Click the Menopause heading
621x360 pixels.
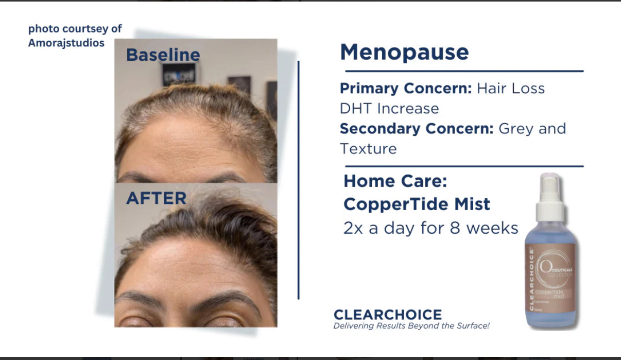404,53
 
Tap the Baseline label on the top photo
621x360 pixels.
163,55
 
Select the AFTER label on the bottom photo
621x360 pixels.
156,198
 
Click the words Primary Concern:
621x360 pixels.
406,89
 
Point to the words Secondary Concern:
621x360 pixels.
417,128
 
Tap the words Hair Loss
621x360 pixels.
510,89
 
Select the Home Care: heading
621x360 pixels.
395,181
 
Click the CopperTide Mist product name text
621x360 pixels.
417,204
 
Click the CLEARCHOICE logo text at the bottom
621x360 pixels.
387,315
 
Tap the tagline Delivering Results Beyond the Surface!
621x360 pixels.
411,326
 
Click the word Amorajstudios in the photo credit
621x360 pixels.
66,43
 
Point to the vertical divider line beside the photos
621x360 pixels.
299,180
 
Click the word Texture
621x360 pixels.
368,149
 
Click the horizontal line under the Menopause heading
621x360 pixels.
463,71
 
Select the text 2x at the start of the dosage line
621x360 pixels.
354,228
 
